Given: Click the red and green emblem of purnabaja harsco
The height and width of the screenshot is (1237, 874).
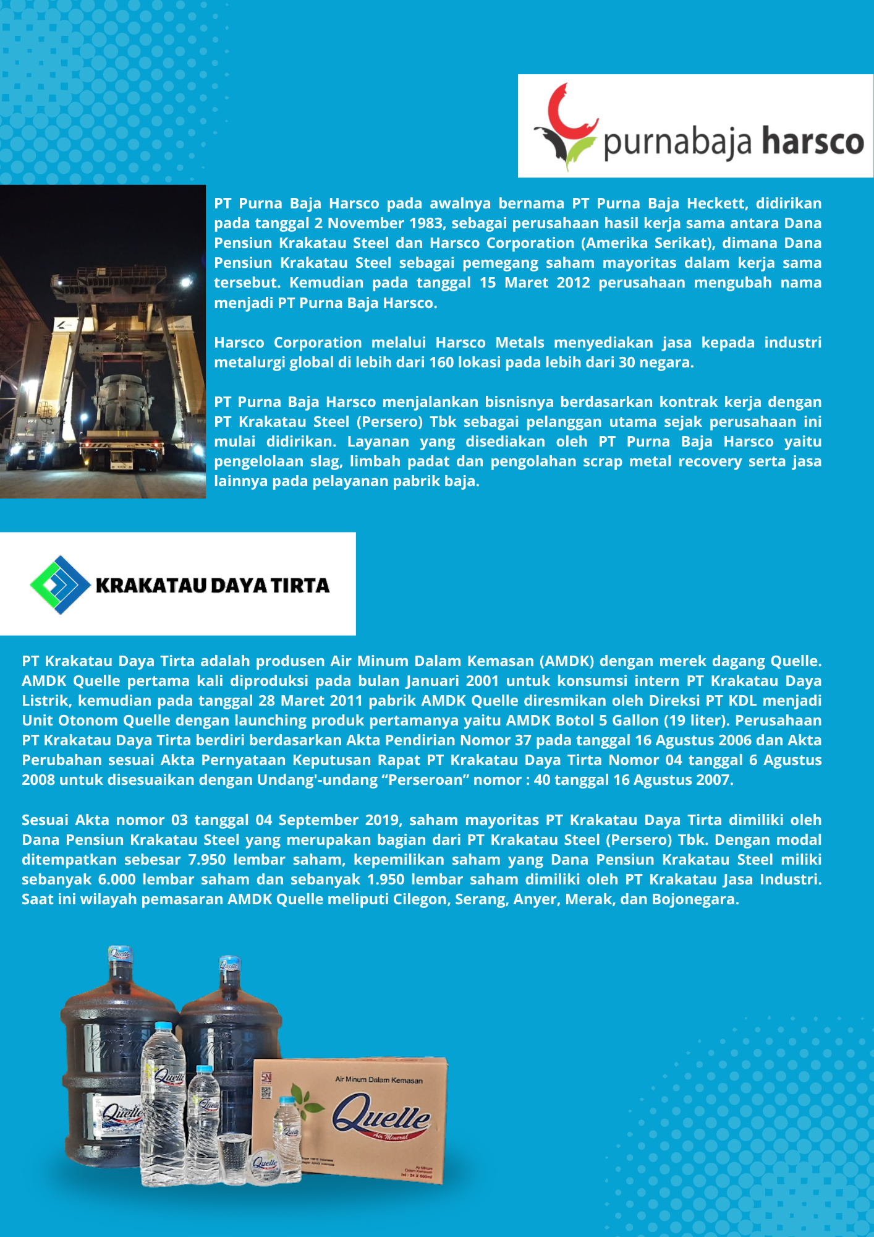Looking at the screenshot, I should coord(566,127).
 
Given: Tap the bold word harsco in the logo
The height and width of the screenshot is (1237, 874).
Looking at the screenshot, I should coord(812,141).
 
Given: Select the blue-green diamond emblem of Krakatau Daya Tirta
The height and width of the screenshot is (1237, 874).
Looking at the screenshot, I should coord(60,584).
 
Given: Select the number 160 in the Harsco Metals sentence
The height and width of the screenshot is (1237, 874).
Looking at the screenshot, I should coord(443,362).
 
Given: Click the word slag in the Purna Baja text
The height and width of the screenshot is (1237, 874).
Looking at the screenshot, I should coord(326,461).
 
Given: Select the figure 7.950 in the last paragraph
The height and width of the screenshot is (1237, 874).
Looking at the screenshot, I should coord(206,860).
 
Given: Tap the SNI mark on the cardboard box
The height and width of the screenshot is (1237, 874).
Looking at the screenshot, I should coord(266,1078).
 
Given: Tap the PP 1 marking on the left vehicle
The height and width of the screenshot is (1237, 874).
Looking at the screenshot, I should coord(32,422).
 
